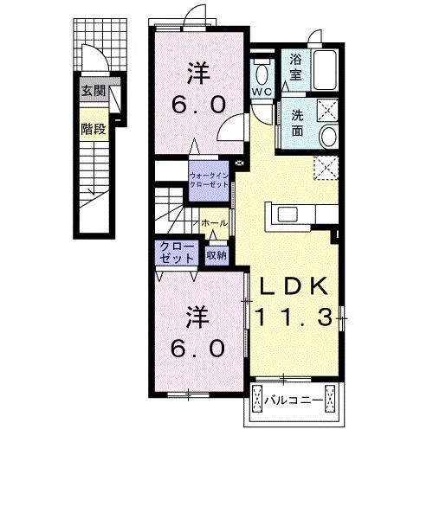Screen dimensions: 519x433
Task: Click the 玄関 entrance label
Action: pos(93,89)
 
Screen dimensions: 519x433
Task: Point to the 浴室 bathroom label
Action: pos(296,66)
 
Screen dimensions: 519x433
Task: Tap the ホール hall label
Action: pos(214,223)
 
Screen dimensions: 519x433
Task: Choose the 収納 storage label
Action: pos(216,255)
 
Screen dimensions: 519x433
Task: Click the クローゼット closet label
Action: pos(177,253)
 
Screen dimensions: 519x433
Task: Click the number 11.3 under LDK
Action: pos(293,318)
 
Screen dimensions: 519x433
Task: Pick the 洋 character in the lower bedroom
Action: pos(197,317)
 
